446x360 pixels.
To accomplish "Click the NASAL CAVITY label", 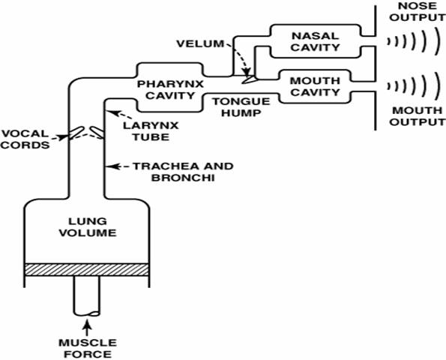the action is [x=315, y=41].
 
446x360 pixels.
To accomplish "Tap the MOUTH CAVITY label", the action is [x=315, y=86].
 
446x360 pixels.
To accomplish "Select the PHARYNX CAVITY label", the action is [x=170, y=90].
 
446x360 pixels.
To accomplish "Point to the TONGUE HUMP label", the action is [x=241, y=107].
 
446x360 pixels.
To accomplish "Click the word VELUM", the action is [x=200, y=43].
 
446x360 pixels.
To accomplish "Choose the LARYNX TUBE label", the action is [x=151, y=131].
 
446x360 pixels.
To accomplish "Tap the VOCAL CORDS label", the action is [x=25, y=139].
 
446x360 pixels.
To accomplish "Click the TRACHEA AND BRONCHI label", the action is [x=183, y=172].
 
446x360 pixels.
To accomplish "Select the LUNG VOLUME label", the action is [x=88, y=227].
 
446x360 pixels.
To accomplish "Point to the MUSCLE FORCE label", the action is [x=88, y=348].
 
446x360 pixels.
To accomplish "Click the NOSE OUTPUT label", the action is [x=418, y=11].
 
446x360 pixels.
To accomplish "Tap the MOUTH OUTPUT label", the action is [x=418, y=116].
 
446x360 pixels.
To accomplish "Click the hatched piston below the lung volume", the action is [x=87, y=269].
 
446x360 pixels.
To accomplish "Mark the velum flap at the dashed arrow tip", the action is [x=249, y=79].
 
